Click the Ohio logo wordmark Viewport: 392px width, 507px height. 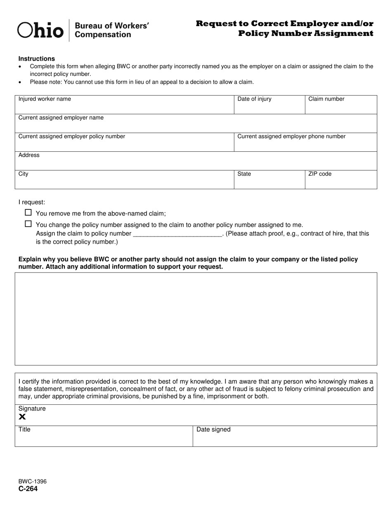(40, 30)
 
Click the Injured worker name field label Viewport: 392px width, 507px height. (45, 99)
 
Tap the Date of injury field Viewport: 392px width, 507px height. (269, 105)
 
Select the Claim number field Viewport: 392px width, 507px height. (340, 105)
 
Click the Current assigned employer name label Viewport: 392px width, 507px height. (61, 118)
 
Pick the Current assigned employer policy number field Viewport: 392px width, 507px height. (124, 143)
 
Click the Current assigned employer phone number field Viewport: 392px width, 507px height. (305, 143)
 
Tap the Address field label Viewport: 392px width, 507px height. (29, 155)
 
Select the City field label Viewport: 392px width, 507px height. (24, 174)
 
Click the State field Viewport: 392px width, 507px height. (269, 180)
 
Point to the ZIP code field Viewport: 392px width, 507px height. (340, 180)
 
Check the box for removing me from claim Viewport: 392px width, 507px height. (28, 213)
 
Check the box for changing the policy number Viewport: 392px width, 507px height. (28, 224)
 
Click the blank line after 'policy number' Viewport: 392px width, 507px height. (178, 234)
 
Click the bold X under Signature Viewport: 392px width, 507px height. (22, 417)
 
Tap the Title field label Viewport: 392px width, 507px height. (24, 430)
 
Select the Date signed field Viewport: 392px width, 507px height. (285, 437)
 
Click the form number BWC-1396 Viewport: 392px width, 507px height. (33, 481)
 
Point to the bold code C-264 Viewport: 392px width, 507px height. (28, 489)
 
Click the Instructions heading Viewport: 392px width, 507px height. (37, 59)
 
